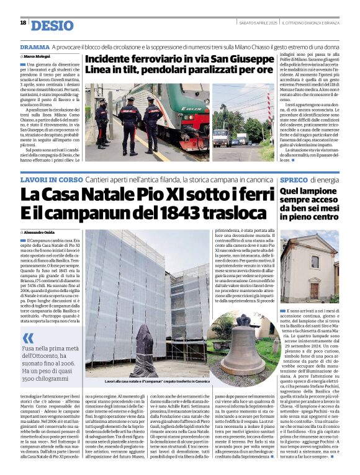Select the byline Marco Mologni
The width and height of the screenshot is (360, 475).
pos(40,57)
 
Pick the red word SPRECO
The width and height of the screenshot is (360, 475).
pos(295,180)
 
